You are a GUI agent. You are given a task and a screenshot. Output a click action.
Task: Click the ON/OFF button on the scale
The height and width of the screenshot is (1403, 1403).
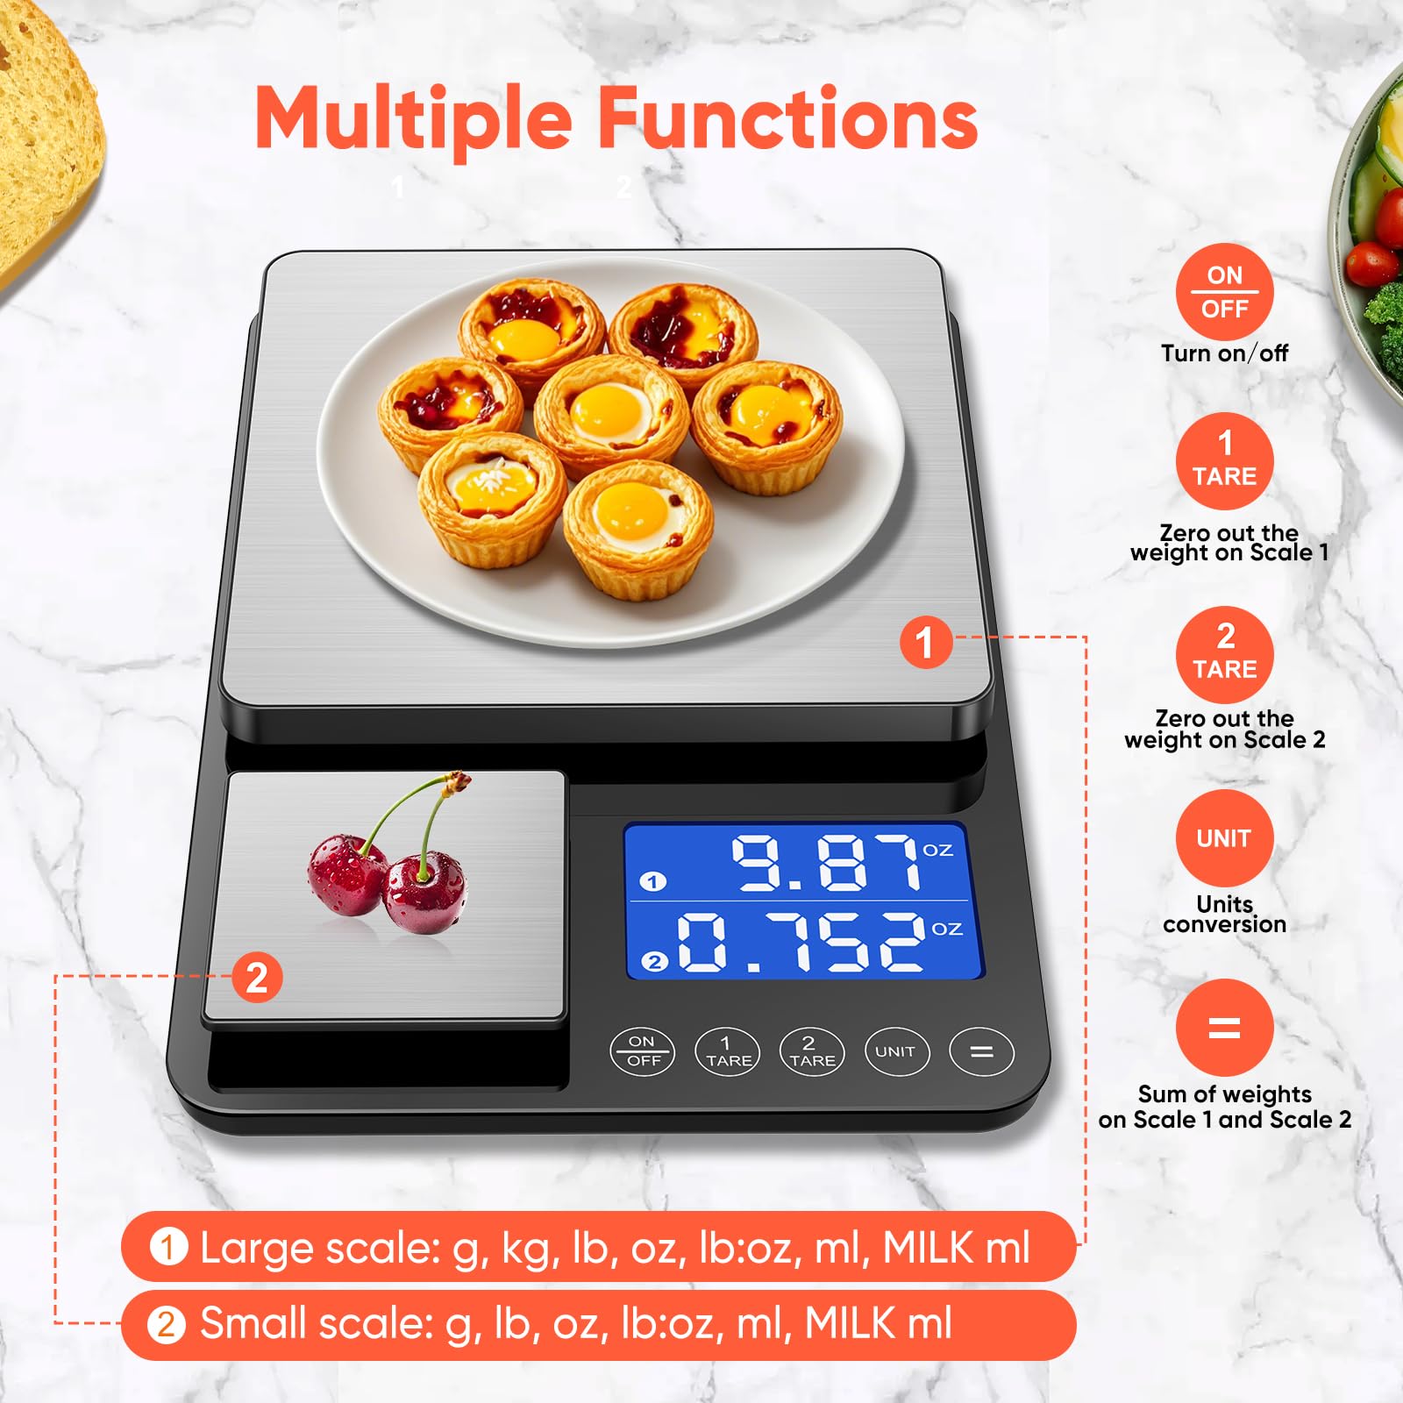(x=643, y=1050)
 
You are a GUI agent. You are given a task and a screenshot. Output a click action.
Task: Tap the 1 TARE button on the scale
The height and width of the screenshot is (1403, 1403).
(x=728, y=1051)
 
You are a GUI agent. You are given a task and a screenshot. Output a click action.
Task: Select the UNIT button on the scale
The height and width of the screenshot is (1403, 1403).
(x=895, y=1051)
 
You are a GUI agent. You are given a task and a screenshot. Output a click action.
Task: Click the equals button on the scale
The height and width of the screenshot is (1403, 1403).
(x=981, y=1051)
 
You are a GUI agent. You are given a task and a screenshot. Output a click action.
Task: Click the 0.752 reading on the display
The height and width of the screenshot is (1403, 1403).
(x=801, y=942)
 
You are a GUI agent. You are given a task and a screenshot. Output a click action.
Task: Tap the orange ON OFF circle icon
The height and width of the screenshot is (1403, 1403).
(x=1224, y=292)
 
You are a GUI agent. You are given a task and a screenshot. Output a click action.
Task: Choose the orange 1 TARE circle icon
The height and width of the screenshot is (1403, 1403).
(x=1224, y=461)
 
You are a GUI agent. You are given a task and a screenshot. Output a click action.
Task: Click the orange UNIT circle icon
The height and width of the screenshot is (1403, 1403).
(x=1224, y=838)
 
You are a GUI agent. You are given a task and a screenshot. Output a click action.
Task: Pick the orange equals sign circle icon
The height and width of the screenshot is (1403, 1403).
(x=1224, y=1027)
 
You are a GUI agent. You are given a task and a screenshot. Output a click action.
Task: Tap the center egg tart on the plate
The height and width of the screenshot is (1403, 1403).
(x=610, y=414)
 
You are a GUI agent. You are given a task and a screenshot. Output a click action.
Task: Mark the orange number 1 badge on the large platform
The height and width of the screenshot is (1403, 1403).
(x=925, y=642)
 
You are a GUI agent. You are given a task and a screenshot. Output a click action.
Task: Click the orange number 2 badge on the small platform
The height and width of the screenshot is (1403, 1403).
(x=256, y=978)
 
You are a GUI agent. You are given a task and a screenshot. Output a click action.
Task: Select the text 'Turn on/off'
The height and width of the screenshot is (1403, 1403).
(x=1224, y=353)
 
